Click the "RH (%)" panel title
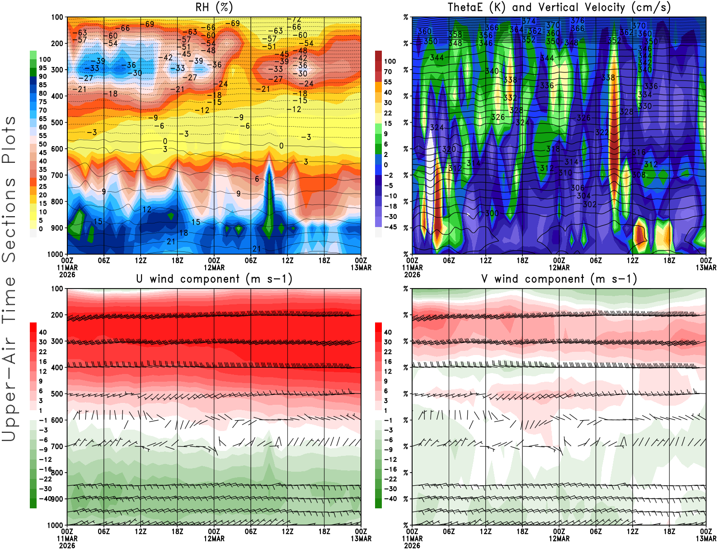(x=214, y=8)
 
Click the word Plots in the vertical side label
(x=9, y=140)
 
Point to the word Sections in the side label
(x=9, y=220)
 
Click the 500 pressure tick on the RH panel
(x=57, y=123)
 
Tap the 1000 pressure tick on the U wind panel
(x=55, y=525)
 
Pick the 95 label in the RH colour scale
(x=42, y=68)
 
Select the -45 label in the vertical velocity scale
(x=390, y=227)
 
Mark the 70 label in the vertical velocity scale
(x=388, y=71)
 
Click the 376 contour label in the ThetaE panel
(x=577, y=21)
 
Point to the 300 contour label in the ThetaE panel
(x=492, y=213)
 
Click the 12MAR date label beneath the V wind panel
(x=559, y=539)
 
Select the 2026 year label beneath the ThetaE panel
(x=412, y=275)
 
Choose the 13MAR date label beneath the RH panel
(x=361, y=267)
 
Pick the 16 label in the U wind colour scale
(x=42, y=362)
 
